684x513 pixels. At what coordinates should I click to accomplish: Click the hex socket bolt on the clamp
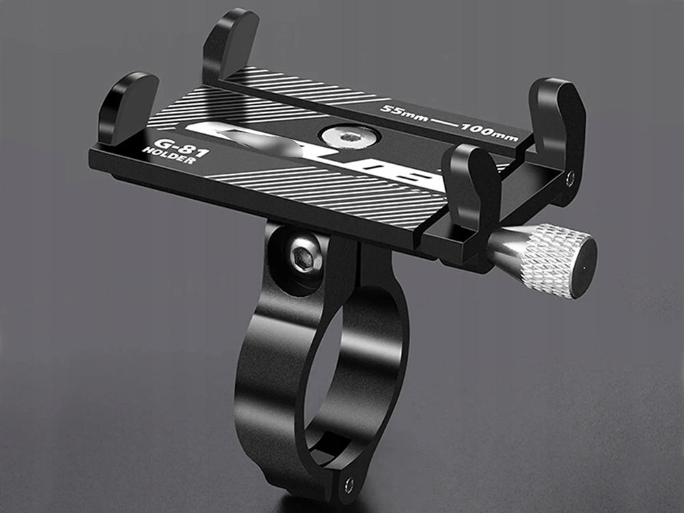(x=301, y=258)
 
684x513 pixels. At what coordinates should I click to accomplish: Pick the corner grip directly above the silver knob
(x=472, y=181)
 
